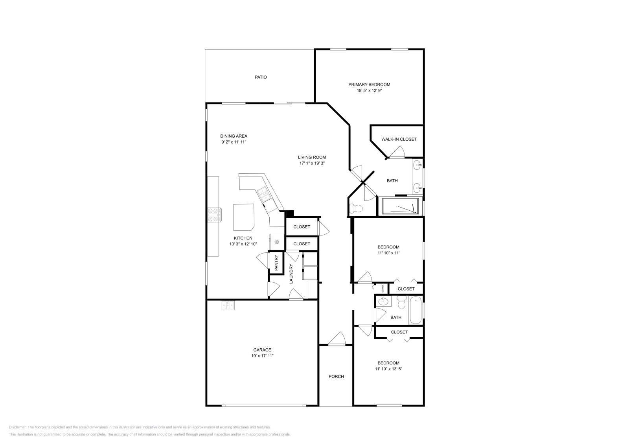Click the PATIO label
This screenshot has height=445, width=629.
tap(261, 77)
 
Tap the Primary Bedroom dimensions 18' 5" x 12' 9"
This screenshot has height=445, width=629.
tap(369, 90)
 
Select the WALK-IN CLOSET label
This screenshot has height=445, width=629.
tap(399, 139)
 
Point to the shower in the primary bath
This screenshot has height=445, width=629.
tap(400, 206)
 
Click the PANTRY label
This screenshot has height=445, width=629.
tap(276, 263)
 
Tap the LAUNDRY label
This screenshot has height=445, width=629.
tap(291, 274)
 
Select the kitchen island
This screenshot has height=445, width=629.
tap(243, 217)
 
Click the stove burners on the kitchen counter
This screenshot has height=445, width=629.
tap(215, 215)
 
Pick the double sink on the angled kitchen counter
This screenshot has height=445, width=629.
tap(263, 195)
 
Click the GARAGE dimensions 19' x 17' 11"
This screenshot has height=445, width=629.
tap(262, 356)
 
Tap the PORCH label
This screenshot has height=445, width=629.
tap(336, 377)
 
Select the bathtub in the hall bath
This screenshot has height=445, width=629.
tap(416, 311)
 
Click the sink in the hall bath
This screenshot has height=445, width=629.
tap(383, 302)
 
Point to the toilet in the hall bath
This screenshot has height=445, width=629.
tap(401, 303)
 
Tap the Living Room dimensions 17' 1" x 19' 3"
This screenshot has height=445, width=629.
tap(312, 163)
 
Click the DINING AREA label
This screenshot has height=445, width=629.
tap(234, 136)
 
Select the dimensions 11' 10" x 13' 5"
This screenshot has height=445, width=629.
tap(388, 369)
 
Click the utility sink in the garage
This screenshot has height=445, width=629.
tap(228, 305)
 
